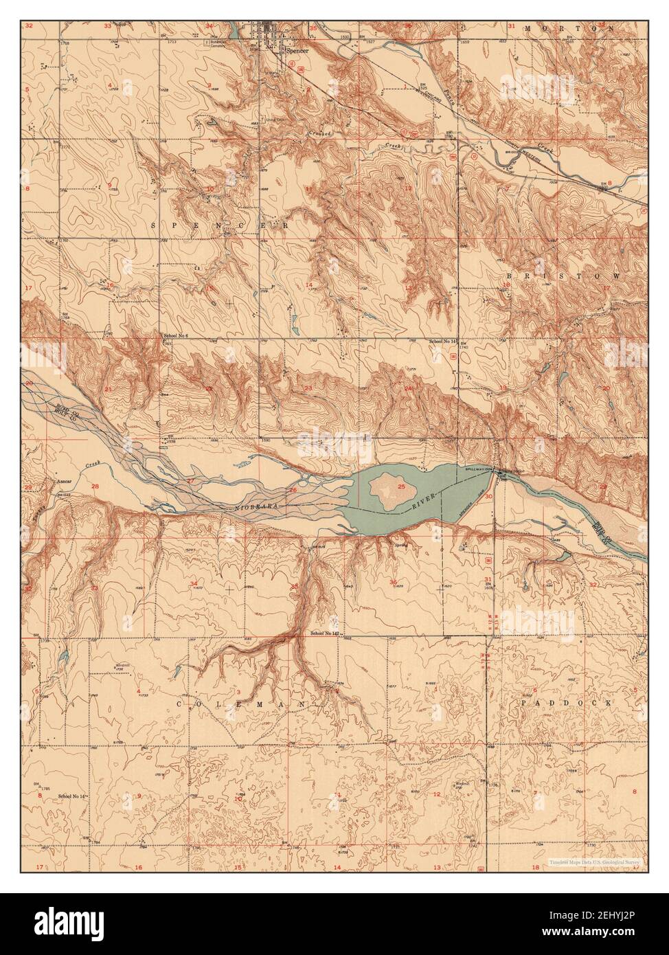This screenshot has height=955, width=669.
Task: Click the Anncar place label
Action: click(x=64, y=482)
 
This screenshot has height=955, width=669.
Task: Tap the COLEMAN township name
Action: click(x=240, y=704)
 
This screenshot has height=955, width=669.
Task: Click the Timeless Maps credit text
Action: click(x=594, y=861)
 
